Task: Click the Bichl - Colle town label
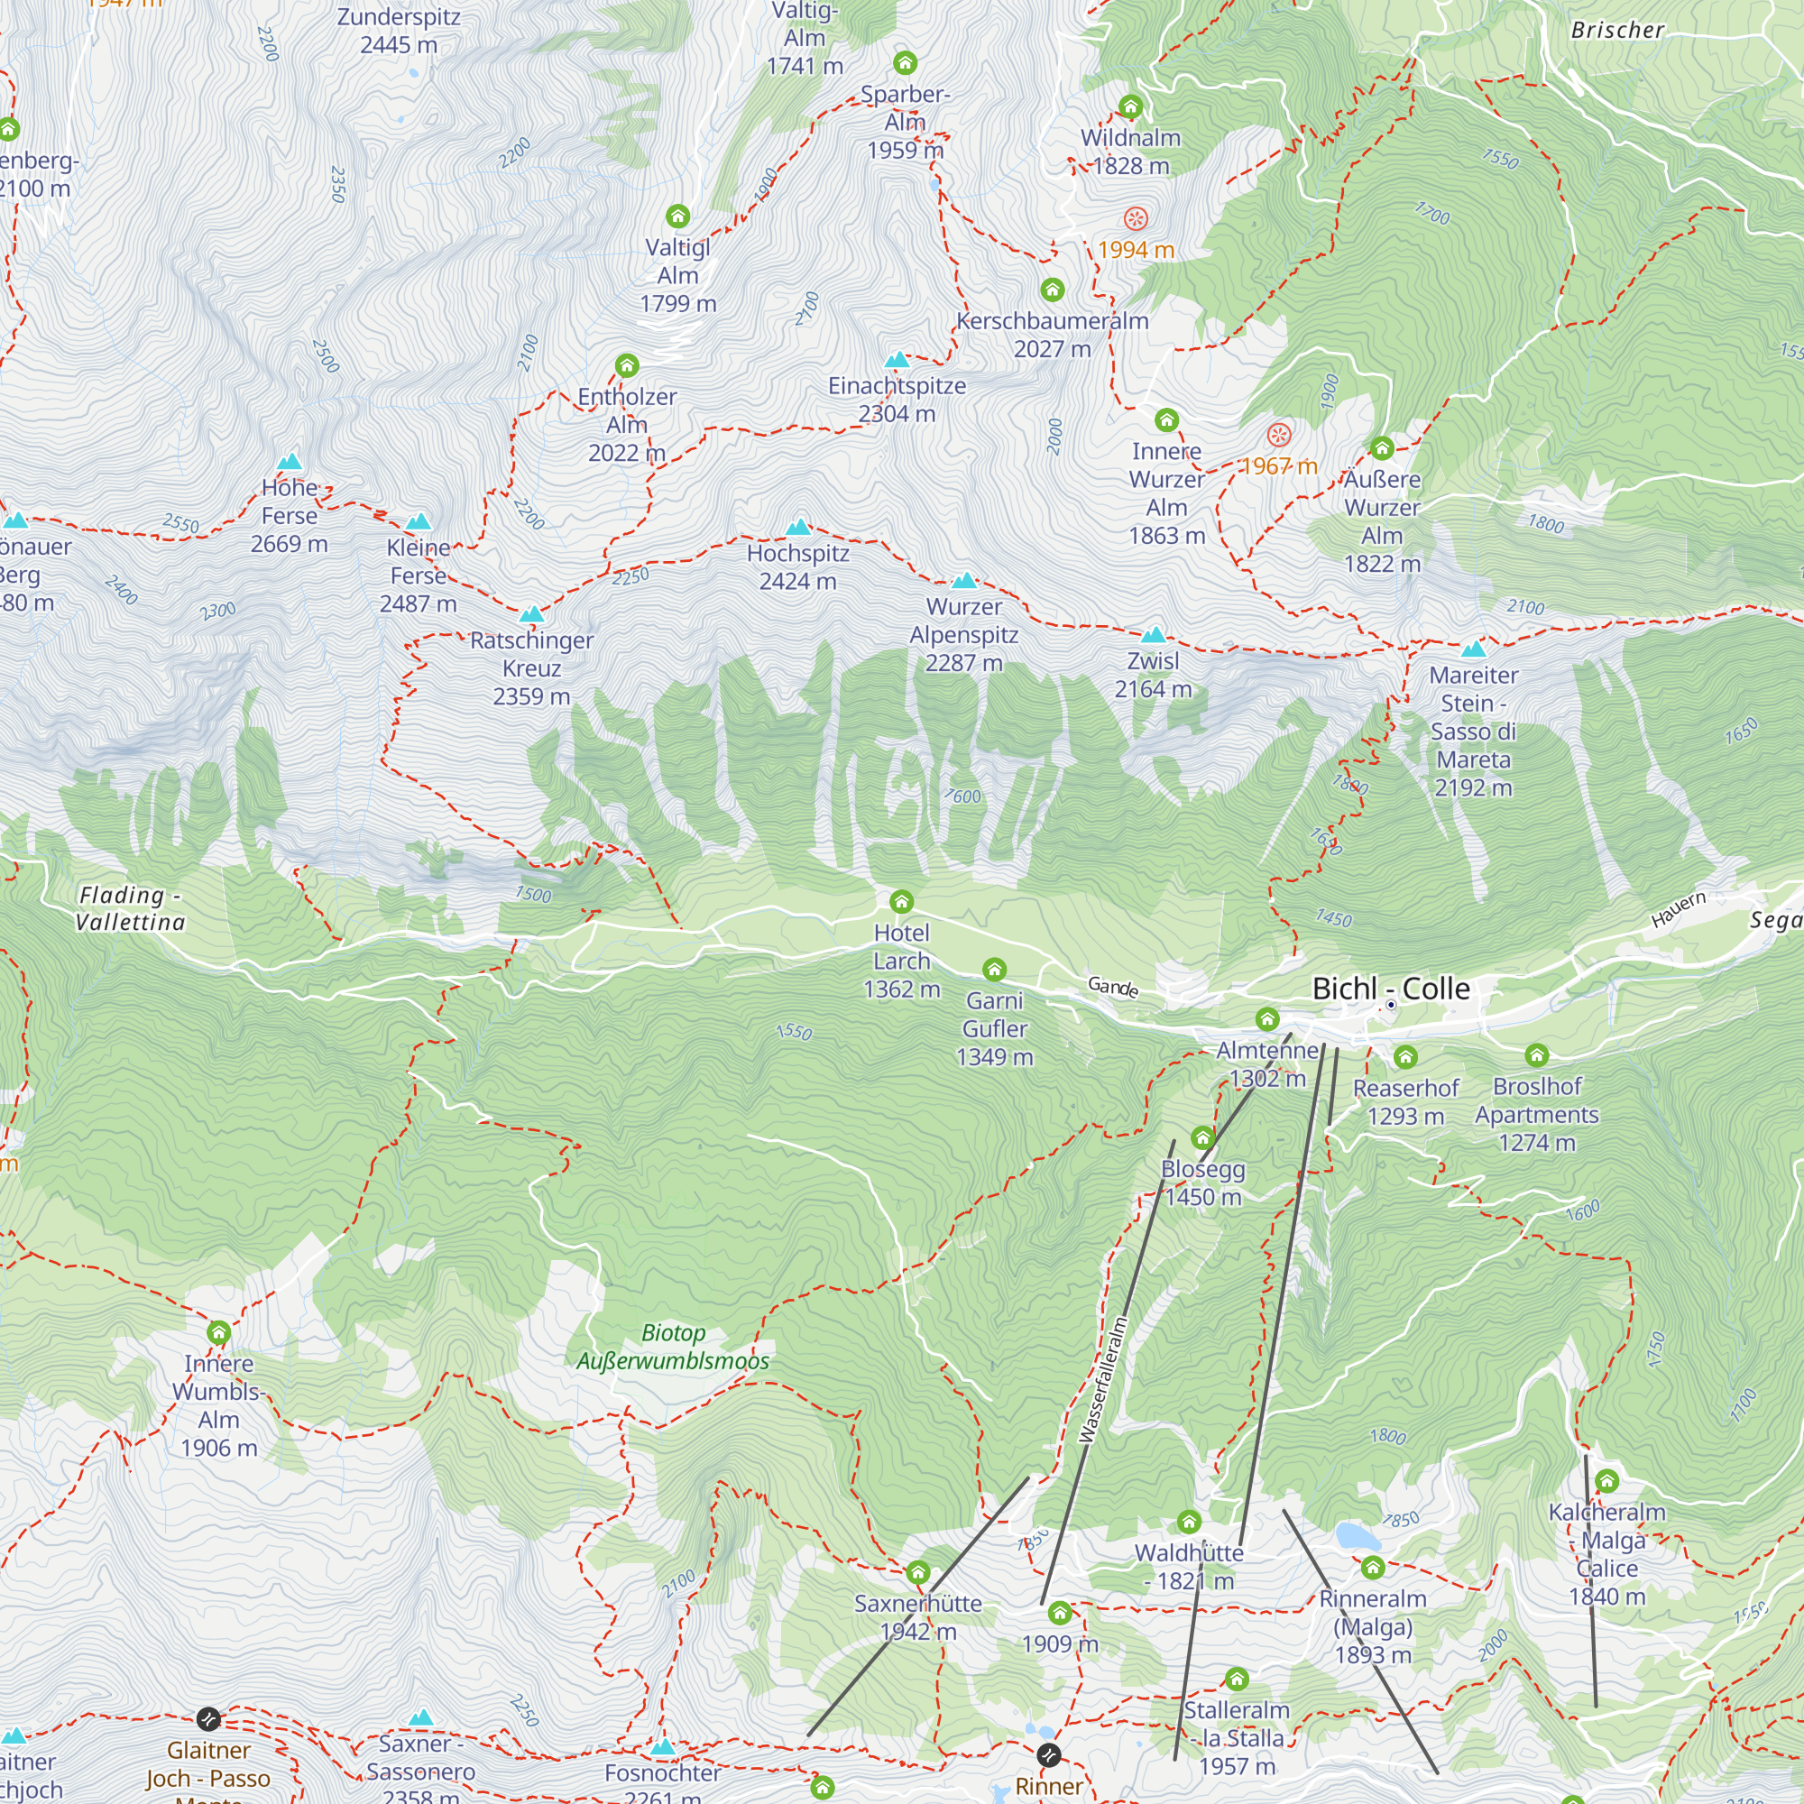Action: [1390, 988]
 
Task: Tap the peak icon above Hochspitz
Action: [798, 527]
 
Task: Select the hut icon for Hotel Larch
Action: [901, 901]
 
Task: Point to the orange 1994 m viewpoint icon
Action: [1136, 219]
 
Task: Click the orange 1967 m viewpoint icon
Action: [1278, 435]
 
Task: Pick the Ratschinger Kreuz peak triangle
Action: [531, 613]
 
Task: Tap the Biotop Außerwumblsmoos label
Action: [672, 1347]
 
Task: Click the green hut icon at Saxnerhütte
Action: [918, 1573]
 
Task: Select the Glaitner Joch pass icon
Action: [208, 1718]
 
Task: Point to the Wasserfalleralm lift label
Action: [1103, 1380]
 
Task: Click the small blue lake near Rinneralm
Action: [1351, 1535]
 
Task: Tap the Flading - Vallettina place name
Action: [130, 908]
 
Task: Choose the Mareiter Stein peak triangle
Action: [1474, 649]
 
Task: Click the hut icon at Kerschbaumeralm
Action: [1053, 290]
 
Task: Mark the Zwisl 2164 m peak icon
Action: [1153, 635]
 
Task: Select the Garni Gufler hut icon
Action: [994, 970]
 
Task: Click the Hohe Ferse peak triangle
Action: [290, 461]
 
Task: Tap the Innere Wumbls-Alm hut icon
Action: [218, 1332]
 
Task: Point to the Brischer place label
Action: [1617, 30]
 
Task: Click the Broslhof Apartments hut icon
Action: [1536, 1055]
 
